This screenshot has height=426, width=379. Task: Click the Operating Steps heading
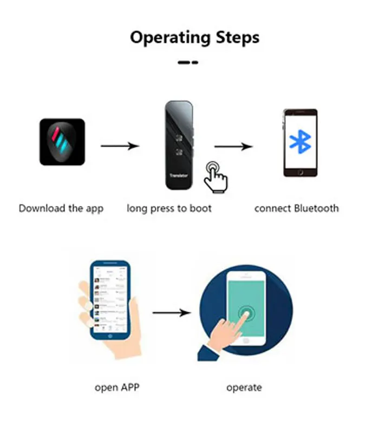coord(194,37)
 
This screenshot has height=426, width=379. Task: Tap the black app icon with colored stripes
coord(62,142)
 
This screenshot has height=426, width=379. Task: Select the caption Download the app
coord(61,208)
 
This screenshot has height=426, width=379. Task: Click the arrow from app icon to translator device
coord(120,146)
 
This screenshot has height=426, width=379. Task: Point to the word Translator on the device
coord(179,175)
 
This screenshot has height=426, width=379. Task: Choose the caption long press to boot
coord(169,208)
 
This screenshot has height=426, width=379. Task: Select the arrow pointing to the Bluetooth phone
coord(233,146)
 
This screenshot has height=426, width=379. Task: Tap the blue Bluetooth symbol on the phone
coord(299,142)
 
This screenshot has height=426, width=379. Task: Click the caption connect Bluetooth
coord(297,208)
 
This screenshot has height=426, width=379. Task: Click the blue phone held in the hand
coord(110,300)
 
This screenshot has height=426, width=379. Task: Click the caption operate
coord(244,388)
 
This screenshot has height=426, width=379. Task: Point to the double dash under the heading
coord(188,62)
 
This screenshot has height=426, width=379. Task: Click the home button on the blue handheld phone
coord(111,335)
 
